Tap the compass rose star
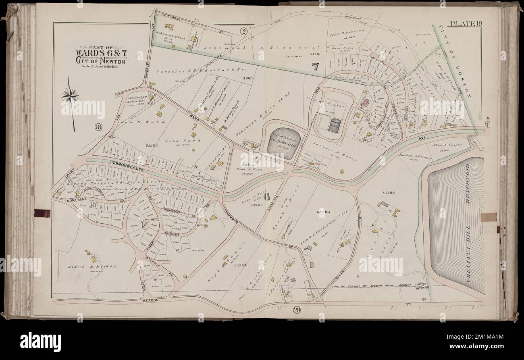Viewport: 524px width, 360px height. click(71, 96)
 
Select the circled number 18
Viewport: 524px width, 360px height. click(98, 128)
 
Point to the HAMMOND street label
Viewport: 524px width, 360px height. click(232, 217)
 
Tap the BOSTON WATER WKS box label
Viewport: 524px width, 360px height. click(421, 285)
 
